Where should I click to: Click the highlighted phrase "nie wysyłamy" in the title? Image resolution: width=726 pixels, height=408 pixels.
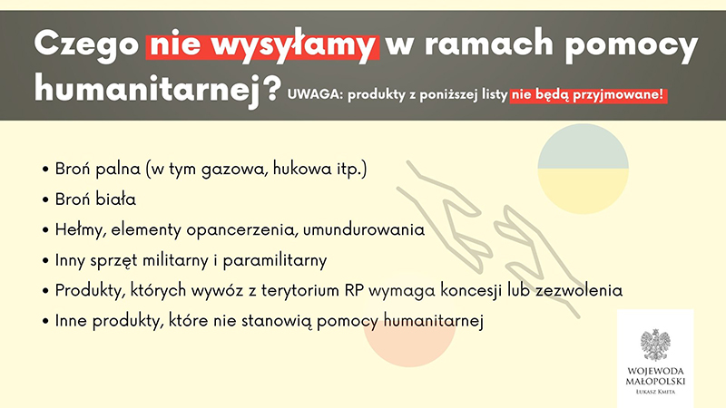[262, 44]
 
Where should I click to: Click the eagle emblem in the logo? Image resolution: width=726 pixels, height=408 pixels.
[654, 346]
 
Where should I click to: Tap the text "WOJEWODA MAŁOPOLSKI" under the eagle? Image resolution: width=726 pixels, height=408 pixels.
[654, 378]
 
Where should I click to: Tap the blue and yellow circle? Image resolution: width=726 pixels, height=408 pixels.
[583, 170]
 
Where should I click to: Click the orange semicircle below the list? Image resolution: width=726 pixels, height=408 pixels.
[409, 345]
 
